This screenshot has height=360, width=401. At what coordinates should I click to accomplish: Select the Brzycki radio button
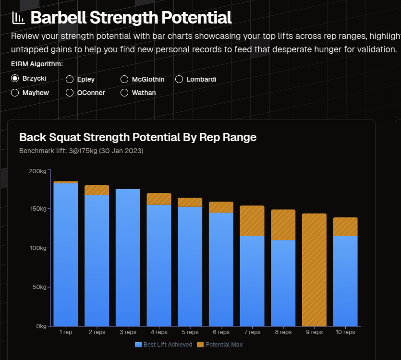15,78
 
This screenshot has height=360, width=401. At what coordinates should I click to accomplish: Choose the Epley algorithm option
70,79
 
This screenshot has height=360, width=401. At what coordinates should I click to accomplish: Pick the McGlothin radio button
124,79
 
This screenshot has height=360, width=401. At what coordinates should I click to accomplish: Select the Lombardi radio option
179,79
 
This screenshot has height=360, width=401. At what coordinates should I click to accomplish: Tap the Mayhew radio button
15,93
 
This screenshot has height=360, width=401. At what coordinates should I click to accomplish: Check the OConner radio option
70,93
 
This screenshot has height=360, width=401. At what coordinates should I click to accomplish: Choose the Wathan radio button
124,93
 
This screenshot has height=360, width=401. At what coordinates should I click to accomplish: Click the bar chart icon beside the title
18,18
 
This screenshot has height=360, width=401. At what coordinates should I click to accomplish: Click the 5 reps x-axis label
190,332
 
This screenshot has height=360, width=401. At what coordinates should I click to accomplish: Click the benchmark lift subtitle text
81,151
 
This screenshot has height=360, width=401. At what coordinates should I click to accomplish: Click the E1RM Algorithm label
37,64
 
